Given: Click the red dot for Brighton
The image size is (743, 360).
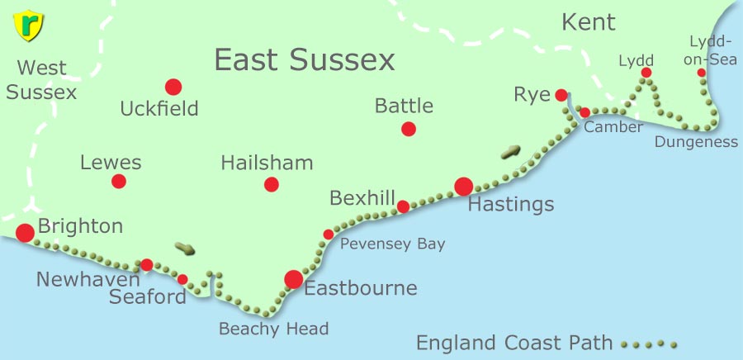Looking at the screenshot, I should [25, 233].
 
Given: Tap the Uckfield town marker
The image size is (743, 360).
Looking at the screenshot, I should [173, 87].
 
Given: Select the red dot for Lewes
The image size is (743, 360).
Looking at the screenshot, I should [119, 182].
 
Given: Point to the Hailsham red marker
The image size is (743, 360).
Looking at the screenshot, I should [272, 184].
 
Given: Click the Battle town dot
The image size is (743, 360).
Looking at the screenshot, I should [408, 129].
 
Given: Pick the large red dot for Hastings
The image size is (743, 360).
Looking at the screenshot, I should [463, 187].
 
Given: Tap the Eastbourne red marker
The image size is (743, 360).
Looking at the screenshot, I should [293, 279].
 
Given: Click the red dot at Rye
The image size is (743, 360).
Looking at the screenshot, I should [561, 95].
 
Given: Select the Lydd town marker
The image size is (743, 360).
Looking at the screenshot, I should [646, 73].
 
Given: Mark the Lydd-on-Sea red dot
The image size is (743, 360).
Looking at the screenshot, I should [701, 73].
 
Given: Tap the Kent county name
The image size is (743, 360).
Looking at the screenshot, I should [589, 22].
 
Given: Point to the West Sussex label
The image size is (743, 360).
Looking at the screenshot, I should [41, 80].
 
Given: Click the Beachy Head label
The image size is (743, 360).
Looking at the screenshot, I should [273, 329].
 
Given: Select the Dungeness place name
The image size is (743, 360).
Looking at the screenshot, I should [696, 142].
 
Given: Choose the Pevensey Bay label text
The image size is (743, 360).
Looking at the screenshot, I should [392, 244].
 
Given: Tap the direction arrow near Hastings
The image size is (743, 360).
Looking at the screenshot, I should [511, 152].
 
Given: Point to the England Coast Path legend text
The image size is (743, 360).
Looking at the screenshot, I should [514, 343].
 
